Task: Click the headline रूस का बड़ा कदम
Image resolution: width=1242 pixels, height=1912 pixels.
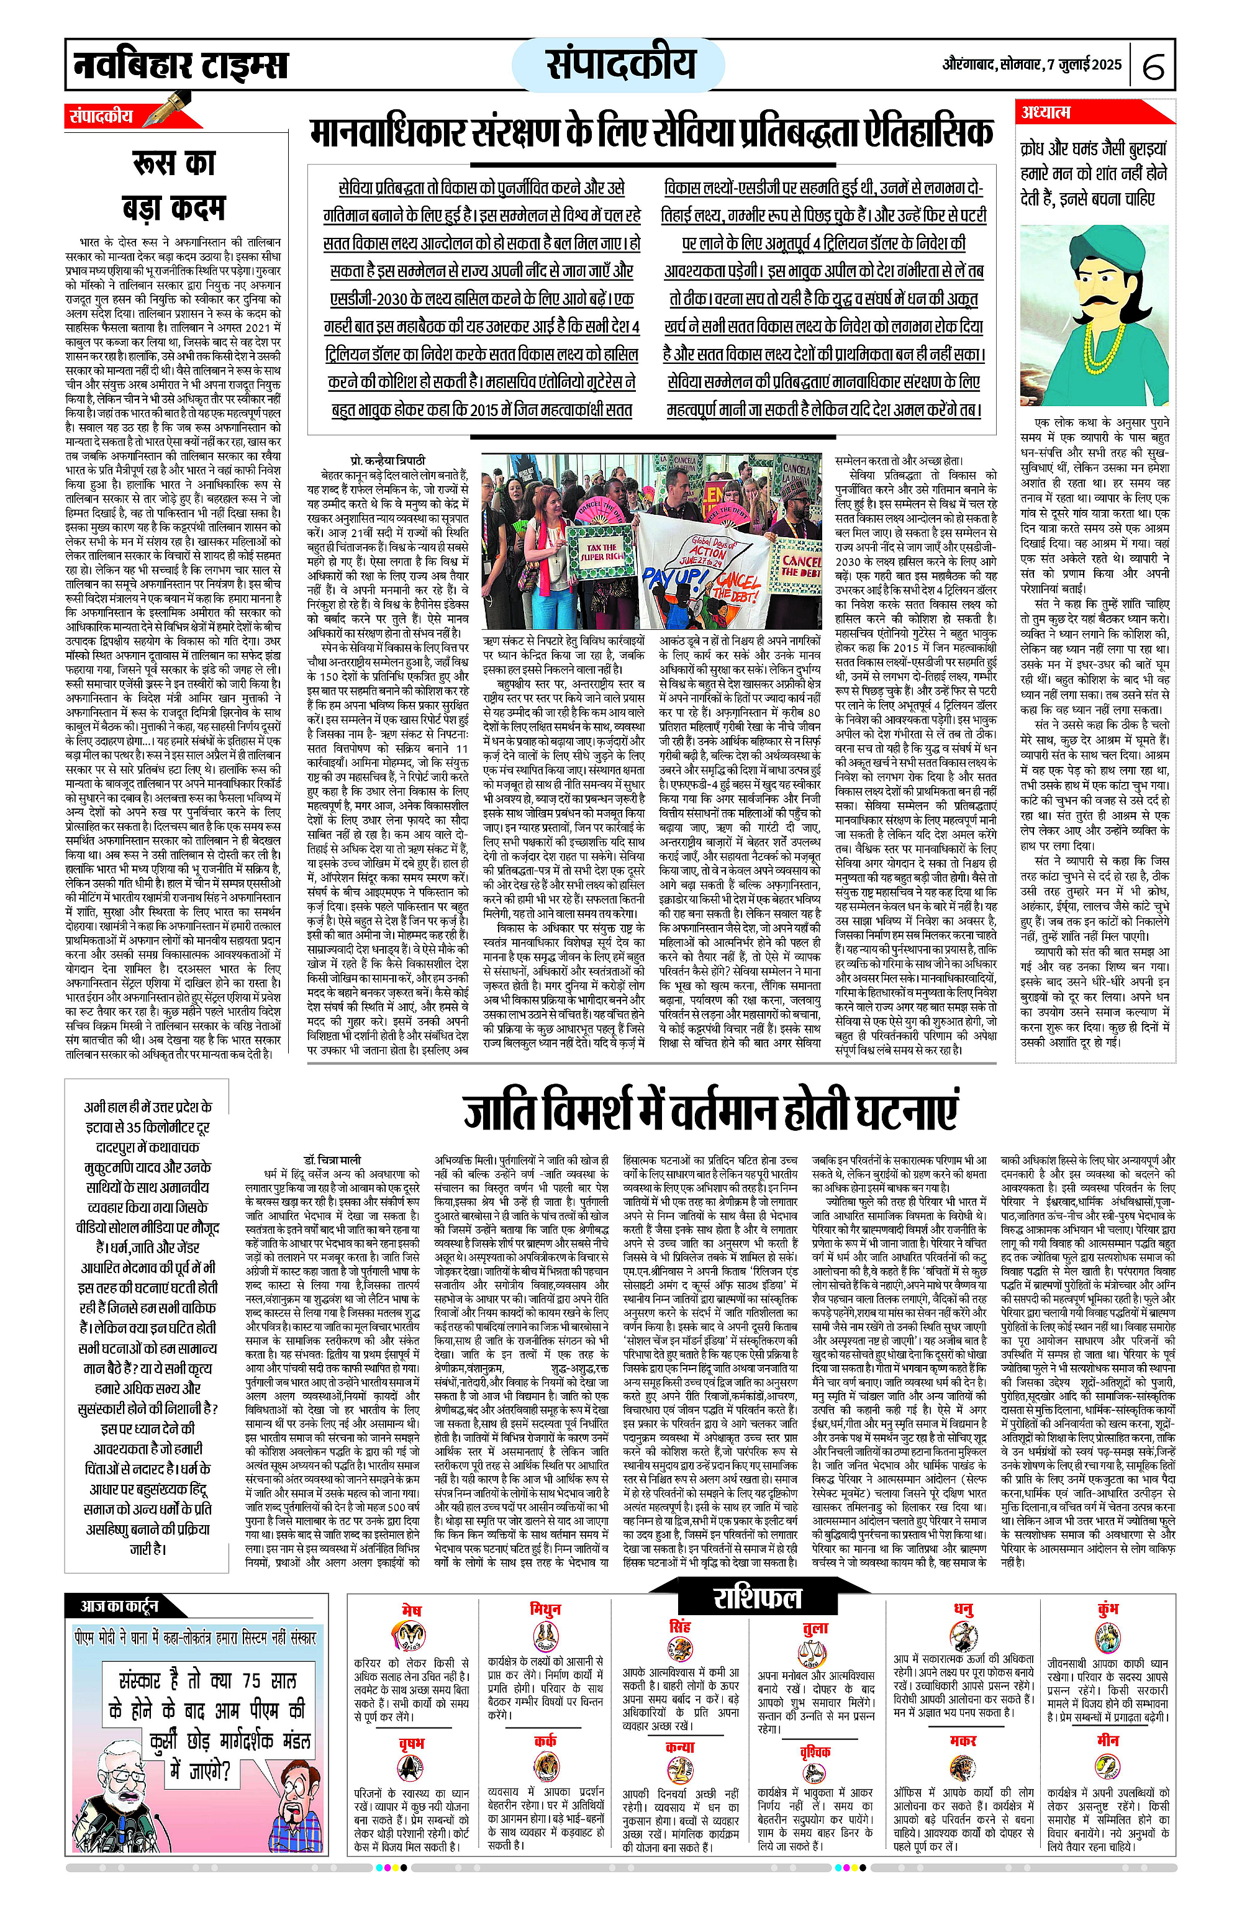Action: (173, 185)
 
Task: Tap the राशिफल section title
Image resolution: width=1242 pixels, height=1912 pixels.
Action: (757, 1598)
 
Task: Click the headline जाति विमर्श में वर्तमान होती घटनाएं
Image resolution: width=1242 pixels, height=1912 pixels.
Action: (710, 1110)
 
